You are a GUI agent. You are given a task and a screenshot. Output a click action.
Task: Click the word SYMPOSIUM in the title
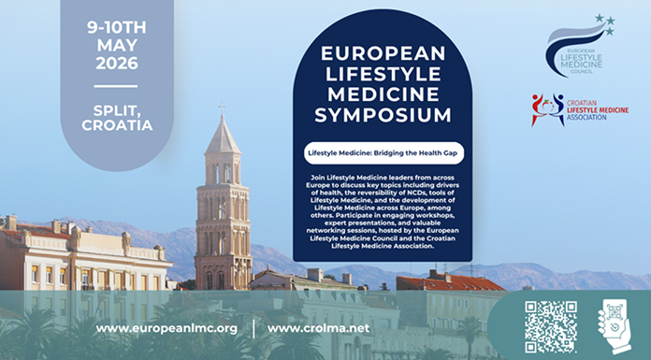pos(383,115)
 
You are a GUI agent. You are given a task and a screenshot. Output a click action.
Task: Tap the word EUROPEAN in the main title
pos(383,53)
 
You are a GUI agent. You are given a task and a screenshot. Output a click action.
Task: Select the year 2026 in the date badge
pos(117,63)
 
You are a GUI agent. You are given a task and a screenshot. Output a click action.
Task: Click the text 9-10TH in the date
pos(117,27)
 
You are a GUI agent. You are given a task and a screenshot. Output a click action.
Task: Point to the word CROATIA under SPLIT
pos(117,125)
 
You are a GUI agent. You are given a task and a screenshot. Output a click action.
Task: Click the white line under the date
pos(116,86)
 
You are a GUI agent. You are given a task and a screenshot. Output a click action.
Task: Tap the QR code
pos(551,326)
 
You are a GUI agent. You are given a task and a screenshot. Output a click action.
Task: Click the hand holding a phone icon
pos(615,326)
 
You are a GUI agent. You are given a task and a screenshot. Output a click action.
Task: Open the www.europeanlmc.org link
pos(166,328)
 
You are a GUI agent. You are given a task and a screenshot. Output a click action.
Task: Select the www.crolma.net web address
pos(318,328)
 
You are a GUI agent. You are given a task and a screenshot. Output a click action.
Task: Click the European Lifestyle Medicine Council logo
pos(580,45)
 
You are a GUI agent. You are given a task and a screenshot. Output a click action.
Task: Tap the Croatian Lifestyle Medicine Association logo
pos(580,109)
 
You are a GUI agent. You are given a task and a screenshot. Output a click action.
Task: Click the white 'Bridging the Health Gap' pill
pos(383,152)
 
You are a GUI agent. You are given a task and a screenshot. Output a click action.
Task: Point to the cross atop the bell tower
pos(222,108)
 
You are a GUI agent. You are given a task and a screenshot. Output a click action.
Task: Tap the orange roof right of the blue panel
pos(451,282)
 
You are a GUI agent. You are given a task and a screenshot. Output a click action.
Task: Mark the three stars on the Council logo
pos(605,24)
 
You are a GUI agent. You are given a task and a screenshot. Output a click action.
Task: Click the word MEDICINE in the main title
pos(383,94)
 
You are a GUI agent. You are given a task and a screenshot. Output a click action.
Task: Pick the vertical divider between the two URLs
pos(253,328)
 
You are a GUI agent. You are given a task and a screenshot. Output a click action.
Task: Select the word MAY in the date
pos(117,45)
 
